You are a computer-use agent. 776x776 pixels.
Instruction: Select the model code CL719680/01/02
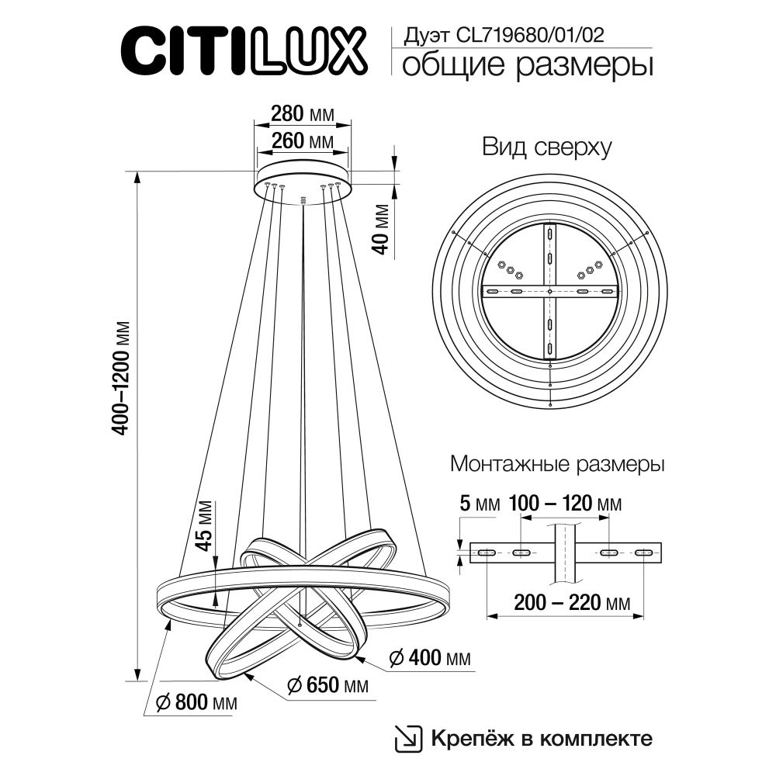(505, 34)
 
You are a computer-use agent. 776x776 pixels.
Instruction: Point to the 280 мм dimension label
(302, 114)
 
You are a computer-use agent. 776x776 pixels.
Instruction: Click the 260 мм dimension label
(302, 141)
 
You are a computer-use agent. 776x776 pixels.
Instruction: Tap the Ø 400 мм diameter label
(429, 659)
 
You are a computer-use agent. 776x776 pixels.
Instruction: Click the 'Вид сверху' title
(546, 147)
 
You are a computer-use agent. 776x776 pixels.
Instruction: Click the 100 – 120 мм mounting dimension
(565, 504)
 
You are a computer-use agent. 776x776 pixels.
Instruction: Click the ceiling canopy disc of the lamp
(303, 175)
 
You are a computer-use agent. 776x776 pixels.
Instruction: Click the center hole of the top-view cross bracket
(549, 292)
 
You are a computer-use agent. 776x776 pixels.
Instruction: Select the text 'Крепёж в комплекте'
(541, 737)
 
